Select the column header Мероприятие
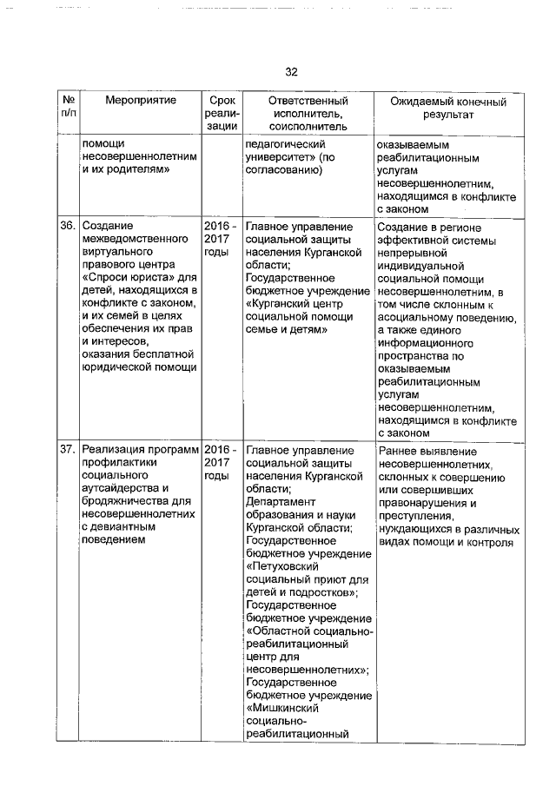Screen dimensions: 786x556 pos(140,102)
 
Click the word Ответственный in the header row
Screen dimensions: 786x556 pos(307,102)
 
